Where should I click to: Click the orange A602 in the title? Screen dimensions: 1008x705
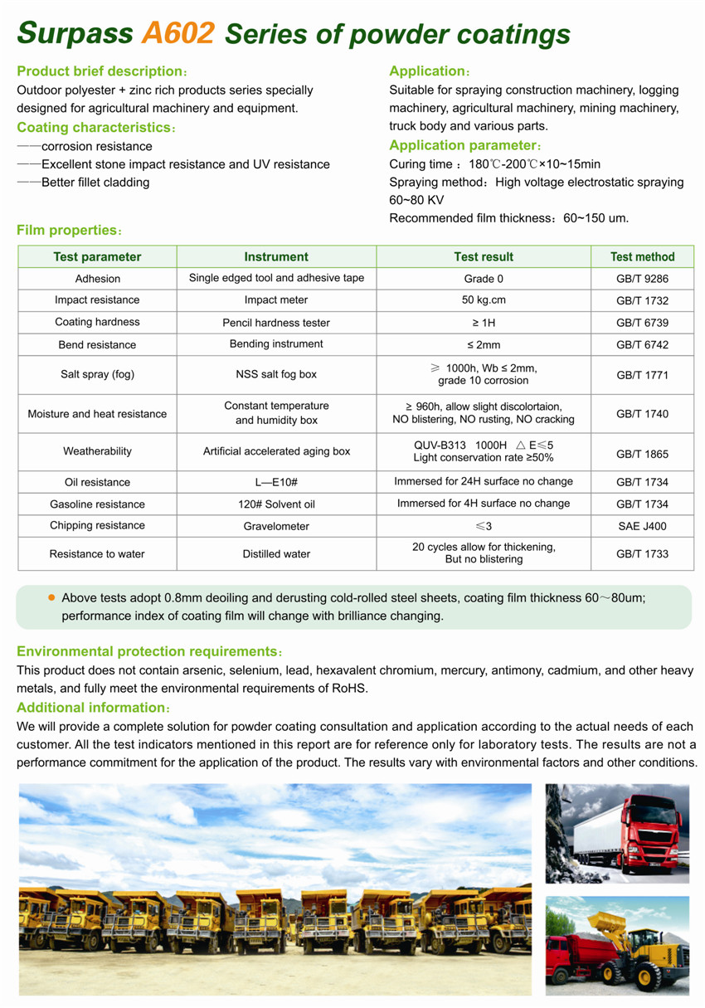(179, 32)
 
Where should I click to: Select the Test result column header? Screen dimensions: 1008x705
(484, 257)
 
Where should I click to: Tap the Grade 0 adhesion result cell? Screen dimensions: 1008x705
(484, 279)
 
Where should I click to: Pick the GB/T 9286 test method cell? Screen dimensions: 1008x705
(642, 280)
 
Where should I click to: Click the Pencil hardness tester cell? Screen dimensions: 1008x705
(276, 323)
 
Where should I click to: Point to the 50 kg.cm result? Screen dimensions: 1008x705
(484, 300)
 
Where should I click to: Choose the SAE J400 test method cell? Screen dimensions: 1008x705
(642, 526)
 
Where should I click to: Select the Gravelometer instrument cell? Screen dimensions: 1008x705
(276, 526)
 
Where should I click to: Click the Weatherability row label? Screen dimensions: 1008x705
(97, 451)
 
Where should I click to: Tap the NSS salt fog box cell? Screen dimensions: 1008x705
(276, 374)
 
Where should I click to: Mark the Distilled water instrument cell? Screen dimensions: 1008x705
(276, 554)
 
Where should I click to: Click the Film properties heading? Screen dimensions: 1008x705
(69, 230)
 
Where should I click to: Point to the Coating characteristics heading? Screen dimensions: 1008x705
(95, 128)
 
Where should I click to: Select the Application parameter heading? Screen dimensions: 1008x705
(465, 146)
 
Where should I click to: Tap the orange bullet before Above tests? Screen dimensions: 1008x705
(51, 597)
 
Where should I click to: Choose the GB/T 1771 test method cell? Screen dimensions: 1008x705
(642, 375)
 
